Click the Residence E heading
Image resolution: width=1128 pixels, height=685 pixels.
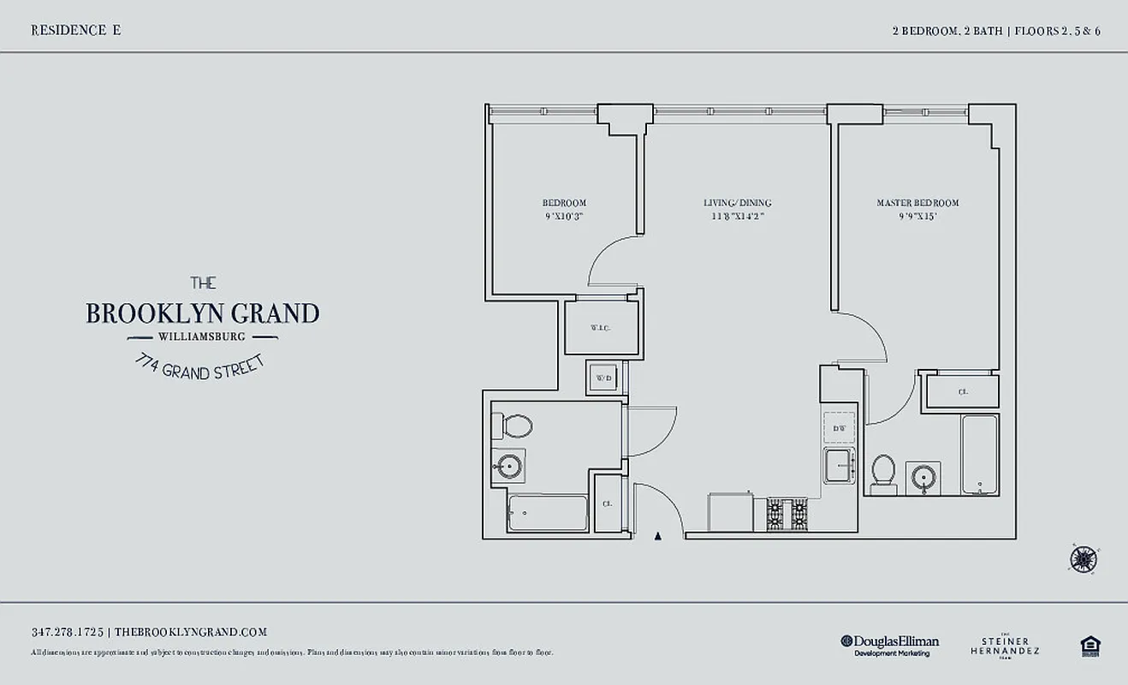[x=75, y=30]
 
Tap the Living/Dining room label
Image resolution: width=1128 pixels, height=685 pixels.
[x=737, y=203]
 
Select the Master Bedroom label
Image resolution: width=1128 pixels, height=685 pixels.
[x=917, y=203]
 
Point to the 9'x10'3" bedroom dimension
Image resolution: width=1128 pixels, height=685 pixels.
[x=564, y=217]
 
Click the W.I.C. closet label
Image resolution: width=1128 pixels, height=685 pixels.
[x=600, y=328]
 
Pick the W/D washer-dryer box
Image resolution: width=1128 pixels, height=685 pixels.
[x=604, y=378]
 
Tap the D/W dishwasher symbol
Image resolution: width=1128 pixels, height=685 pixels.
[x=839, y=427]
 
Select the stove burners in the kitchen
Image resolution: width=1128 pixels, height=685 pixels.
[x=787, y=514]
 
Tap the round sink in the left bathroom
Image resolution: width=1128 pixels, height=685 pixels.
[x=508, y=467]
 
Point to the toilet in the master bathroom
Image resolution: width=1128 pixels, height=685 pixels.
[x=882, y=474]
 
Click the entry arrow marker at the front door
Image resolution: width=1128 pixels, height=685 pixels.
[x=657, y=537]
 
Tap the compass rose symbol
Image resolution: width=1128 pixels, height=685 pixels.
[x=1083, y=559]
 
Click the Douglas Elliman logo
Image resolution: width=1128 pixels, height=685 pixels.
[x=889, y=645]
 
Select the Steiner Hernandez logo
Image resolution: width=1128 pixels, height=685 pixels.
[x=1005, y=646]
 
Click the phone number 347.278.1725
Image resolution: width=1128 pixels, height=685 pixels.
[x=68, y=632]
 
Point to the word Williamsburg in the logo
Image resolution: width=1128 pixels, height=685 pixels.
[x=203, y=336]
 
